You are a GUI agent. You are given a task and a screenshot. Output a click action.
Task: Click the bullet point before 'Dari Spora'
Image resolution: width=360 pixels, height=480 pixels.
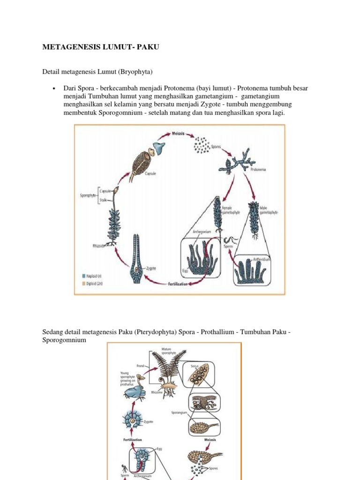[54, 88]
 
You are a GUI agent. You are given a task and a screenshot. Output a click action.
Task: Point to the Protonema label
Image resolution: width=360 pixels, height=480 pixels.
[258, 170]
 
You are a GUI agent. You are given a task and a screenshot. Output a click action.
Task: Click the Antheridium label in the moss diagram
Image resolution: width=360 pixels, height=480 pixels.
[262, 259]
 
